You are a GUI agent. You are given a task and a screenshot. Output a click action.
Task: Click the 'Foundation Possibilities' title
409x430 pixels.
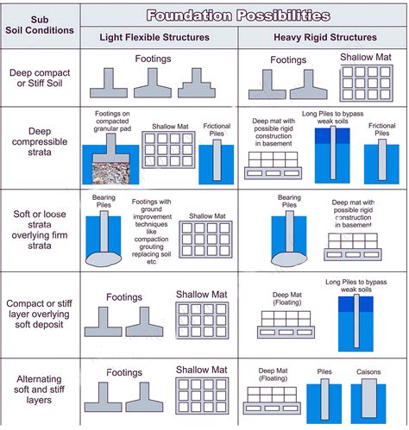point(238,16)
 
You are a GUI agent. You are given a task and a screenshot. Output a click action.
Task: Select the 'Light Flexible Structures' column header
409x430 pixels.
point(154,37)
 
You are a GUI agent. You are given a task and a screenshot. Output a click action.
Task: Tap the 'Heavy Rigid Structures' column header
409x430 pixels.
point(325,37)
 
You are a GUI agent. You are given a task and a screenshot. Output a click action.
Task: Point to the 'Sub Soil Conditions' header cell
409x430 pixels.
point(40,25)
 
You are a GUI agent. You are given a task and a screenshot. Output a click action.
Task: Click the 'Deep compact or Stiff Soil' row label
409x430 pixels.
point(40,78)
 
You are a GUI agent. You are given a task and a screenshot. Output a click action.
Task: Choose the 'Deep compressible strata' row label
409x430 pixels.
point(40,141)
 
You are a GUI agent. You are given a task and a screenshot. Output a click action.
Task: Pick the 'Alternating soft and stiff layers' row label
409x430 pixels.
point(39,389)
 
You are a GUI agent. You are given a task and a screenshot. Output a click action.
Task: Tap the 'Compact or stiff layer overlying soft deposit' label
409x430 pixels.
point(39,314)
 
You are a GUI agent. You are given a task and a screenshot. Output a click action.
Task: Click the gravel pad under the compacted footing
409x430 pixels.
point(110,173)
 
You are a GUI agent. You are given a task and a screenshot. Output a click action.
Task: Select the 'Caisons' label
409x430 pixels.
point(368,372)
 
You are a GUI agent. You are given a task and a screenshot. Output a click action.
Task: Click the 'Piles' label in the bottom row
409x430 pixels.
point(324,371)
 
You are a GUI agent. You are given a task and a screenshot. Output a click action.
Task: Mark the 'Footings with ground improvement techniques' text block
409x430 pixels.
point(152,232)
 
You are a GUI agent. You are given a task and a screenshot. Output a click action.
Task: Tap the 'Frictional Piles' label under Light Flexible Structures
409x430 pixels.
point(217,130)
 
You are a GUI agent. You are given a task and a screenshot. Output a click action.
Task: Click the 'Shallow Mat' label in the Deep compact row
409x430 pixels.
point(366,58)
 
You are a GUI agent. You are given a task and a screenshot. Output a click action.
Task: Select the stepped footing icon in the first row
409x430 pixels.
point(197,83)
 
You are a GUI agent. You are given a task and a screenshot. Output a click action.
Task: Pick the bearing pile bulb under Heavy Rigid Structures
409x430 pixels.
point(289,259)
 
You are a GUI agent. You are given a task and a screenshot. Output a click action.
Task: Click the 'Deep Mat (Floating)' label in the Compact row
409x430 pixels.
point(287,299)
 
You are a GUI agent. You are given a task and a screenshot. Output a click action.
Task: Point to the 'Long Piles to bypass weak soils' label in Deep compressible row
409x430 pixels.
point(333,117)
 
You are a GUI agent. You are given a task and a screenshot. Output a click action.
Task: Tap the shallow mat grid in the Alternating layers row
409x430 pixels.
point(202,396)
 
